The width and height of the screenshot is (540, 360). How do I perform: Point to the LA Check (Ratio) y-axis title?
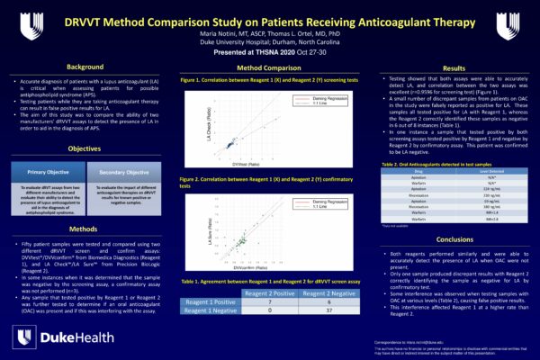209,119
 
